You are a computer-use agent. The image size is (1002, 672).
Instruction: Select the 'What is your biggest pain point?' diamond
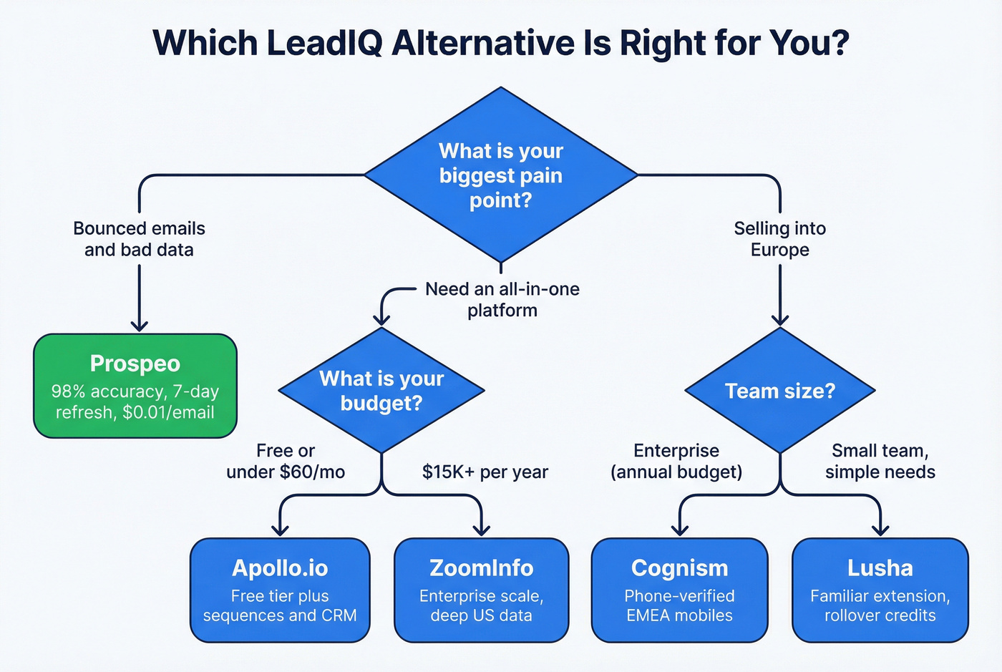point(501,175)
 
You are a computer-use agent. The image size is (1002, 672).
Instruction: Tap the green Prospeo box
point(135,386)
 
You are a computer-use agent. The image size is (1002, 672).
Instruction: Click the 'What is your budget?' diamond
point(381,391)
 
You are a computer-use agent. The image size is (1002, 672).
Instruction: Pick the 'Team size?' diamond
point(779,391)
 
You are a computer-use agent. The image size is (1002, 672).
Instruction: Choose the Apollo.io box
point(280,590)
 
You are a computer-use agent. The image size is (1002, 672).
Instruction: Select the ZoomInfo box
point(481,590)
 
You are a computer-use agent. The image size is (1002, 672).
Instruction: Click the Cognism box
point(679,590)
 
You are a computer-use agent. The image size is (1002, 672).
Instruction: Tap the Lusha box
point(880,590)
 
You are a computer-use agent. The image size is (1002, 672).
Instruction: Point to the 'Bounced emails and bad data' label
point(139,239)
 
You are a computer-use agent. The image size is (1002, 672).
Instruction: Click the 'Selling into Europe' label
point(779,239)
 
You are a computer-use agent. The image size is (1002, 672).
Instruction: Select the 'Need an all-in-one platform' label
point(502,300)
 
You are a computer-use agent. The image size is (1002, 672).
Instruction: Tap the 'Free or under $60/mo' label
point(286,462)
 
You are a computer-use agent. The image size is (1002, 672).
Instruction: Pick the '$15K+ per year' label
point(485,472)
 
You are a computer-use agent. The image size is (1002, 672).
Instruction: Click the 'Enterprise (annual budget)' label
point(676,462)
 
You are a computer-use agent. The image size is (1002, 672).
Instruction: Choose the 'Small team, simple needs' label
point(880,462)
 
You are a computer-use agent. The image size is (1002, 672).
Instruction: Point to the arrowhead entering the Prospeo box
point(139,326)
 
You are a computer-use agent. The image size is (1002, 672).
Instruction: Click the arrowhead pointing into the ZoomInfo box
point(482,530)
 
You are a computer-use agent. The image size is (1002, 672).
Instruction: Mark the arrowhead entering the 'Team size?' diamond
point(779,320)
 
